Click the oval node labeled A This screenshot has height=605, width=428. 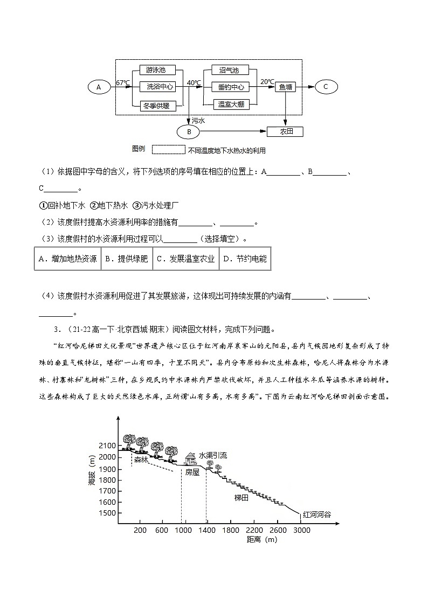tap(99, 87)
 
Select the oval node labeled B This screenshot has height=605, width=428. tap(189, 131)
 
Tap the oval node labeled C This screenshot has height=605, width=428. tap(326, 87)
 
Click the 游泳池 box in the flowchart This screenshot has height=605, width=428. tap(156, 70)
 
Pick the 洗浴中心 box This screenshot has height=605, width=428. tap(156, 87)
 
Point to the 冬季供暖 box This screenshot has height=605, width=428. tap(156, 106)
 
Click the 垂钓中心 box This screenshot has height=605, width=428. tap(231, 87)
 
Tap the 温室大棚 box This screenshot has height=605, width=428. tap(231, 105)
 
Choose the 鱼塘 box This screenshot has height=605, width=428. tap(285, 87)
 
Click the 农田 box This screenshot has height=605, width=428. tap(285, 131)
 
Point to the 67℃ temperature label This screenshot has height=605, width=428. tap(123, 83)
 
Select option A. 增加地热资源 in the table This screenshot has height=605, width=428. tap(67, 259)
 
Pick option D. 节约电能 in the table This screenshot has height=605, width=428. tap(245, 259)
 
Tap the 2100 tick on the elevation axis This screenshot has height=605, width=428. tap(108, 446)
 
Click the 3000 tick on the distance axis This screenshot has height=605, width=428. tap(301, 530)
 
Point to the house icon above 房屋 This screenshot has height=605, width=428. tap(191, 458)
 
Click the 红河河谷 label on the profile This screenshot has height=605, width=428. tap(317, 514)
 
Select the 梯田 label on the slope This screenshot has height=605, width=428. tap(241, 498)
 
